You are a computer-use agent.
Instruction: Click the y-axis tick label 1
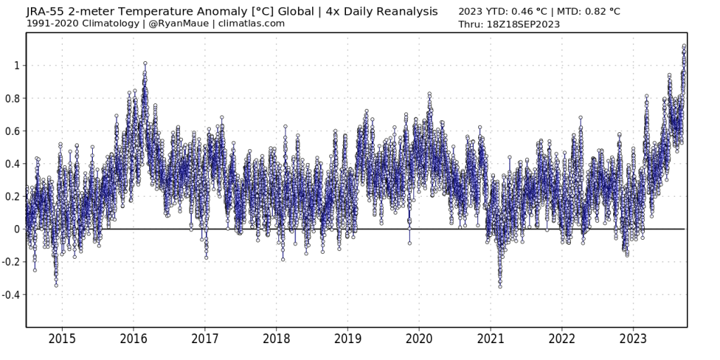[x=18, y=65]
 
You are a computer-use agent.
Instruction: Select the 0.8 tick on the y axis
[x=13, y=98]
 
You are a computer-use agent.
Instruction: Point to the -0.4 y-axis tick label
[x=12, y=295]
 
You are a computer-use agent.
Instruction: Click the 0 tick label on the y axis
[x=18, y=229]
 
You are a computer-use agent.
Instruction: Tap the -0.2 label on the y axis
[x=12, y=262]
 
